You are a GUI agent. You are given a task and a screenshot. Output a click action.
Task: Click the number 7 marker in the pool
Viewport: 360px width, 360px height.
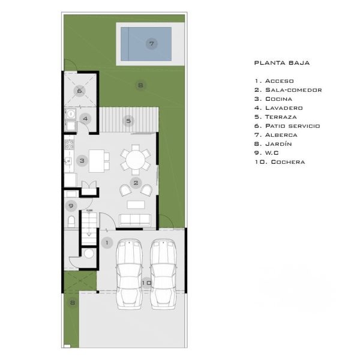point(152,44)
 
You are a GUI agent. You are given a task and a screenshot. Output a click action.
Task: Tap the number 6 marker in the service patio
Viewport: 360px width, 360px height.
point(79,91)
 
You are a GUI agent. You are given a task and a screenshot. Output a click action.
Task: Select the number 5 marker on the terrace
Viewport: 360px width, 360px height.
point(128,121)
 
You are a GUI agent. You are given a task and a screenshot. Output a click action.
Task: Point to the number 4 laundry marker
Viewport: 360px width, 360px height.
point(85,119)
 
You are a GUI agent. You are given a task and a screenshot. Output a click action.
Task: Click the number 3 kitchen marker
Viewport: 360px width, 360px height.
point(82,161)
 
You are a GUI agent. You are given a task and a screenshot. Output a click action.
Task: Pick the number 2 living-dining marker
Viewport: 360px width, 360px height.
point(136,183)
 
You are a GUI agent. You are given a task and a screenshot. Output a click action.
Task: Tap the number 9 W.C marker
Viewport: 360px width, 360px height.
point(71,206)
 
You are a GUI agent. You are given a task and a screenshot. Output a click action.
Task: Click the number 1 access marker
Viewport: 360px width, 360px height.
point(107,242)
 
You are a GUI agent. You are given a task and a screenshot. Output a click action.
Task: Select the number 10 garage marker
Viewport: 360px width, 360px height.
point(146,283)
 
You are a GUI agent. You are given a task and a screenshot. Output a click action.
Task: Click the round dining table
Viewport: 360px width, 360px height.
point(136,160)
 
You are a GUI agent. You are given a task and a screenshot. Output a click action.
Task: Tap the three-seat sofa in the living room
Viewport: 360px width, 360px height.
point(135,220)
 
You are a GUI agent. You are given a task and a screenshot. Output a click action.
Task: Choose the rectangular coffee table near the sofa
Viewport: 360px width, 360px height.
point(136,205)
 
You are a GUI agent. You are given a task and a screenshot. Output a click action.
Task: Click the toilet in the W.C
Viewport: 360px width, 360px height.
point(71,221)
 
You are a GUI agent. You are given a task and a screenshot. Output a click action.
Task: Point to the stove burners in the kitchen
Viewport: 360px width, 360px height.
point(69,145)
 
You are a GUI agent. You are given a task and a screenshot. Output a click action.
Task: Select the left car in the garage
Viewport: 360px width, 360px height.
point(129,274)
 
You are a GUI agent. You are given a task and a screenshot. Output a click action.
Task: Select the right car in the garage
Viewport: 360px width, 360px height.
point(163,274)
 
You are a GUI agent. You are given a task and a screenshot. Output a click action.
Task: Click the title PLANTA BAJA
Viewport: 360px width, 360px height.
point(282,63)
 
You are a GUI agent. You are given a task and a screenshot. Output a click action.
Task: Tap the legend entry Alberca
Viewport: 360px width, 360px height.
point(276,135)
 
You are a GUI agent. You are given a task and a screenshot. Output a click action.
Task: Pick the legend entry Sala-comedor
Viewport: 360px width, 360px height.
point(288,90)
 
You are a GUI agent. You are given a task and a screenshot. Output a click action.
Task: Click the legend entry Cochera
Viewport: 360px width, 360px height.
point(280,162)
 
